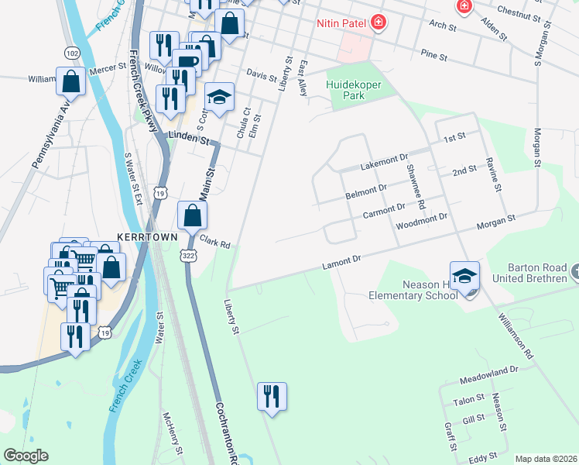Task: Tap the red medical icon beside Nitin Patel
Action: (378, 22)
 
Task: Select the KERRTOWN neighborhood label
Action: (147, 236)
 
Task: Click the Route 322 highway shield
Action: (188, 255)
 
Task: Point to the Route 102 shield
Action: (72, 53)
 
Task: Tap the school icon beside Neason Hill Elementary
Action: (464, 276)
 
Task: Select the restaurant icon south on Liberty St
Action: (272, 396)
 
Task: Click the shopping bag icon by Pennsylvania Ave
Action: (70, 80)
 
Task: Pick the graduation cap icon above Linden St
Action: (219, 98)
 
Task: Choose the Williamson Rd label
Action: (516, 336)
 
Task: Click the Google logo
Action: (26, 455)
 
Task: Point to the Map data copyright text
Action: (546, 459)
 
